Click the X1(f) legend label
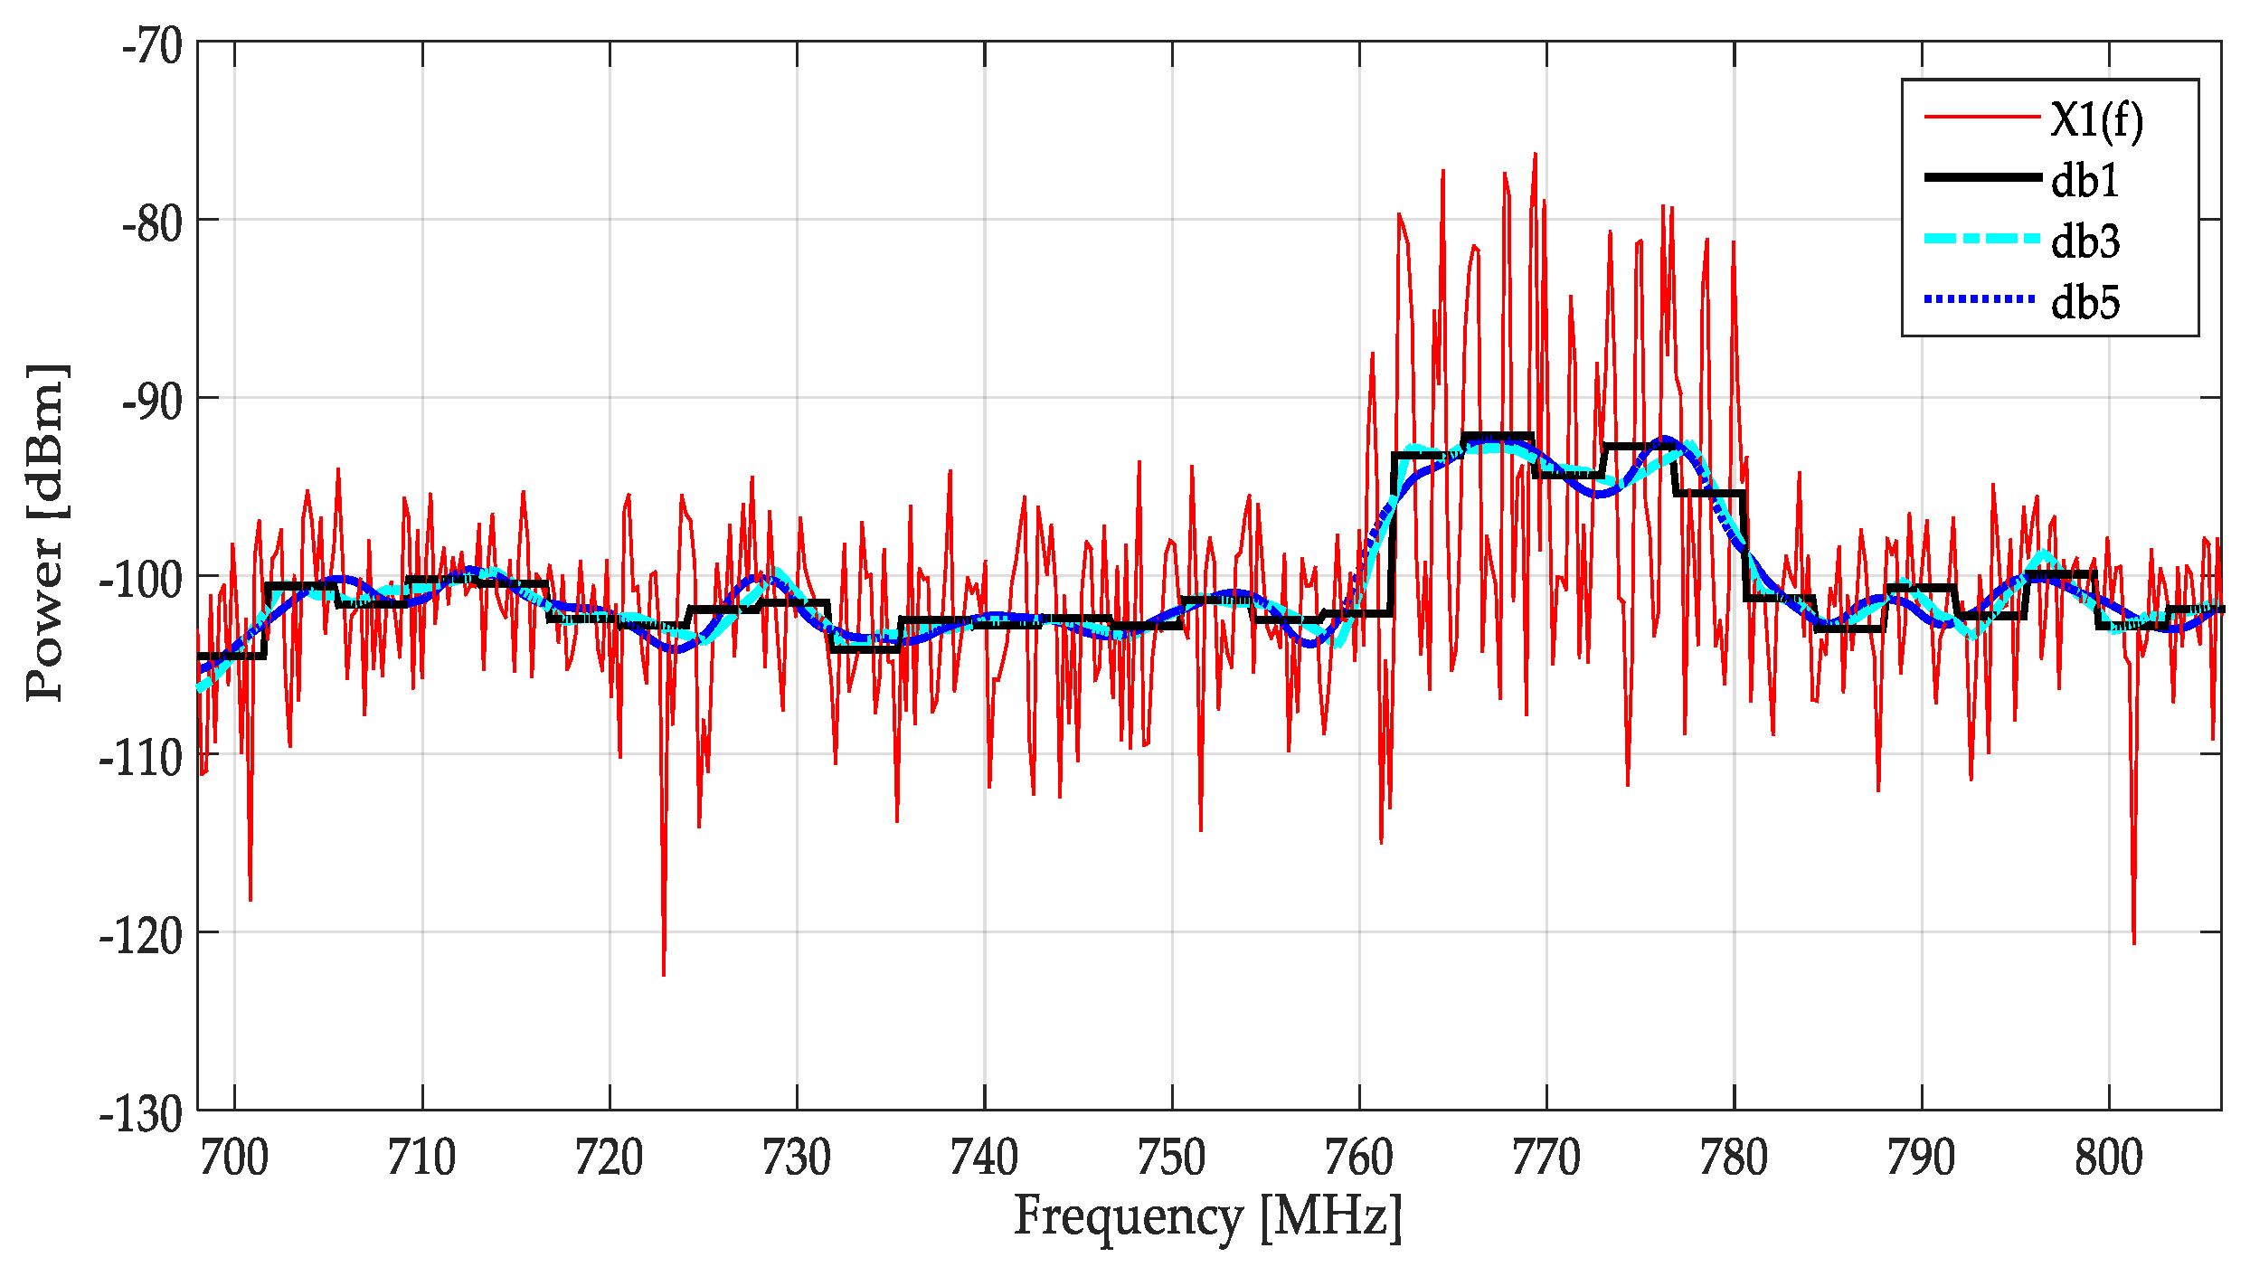[x=2096, y=119]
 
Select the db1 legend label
[x=2085, y=180]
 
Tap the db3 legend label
[x=2085, y=241]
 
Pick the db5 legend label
[x=2085, y=301]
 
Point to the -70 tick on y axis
[x=152, y=45]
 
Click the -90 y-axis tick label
[x=152, y=401]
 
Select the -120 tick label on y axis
[x=140, y=935]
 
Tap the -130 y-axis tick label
[x=140, y=1113]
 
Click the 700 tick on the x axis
[x=234, y=1158]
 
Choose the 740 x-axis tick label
[x=984, y=1158]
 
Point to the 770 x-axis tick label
[x=1546, y=1158]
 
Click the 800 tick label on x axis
[x=2108, y=1158]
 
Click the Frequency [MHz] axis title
[x=1207, y=1216]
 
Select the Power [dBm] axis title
[x=45, y=534]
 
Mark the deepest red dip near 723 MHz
[x=663, y=974]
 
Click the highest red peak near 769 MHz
[x=1535, y=155]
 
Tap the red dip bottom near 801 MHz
[x=2133, y=942]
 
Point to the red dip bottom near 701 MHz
[x=250, y=899]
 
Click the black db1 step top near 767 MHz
[x=1497, y=437]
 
